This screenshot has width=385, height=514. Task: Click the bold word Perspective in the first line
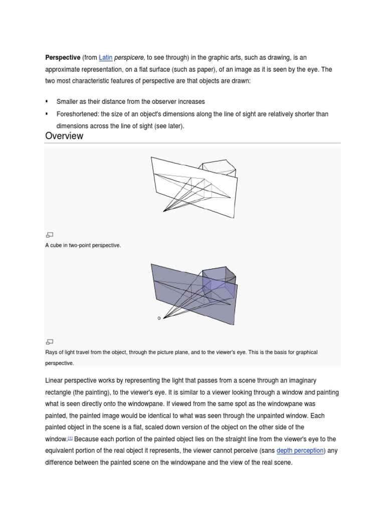pos(63,58)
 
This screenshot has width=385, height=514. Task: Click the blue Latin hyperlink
pos(106,58)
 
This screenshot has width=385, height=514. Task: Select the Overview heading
pos(64,136)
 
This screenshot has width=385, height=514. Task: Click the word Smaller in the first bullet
pos(68,101)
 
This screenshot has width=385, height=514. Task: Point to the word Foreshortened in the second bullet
pos(78,114)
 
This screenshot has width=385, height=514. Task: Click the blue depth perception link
pos(300,451)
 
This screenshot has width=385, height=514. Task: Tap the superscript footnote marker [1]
pos(70,438)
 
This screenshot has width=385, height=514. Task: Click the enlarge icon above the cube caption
pos(49,234)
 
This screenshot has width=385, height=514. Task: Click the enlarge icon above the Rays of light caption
pos(49,341)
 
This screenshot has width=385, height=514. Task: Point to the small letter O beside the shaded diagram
pos(159,318)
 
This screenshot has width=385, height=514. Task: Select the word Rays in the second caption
pos(52,352)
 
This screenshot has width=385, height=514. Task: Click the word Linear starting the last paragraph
pos(55,381)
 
